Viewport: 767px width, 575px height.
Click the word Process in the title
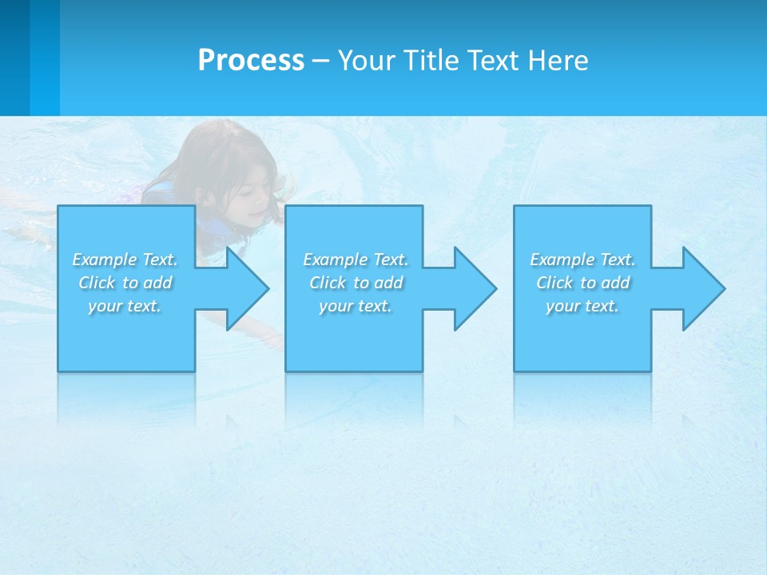click(x=251, y=61)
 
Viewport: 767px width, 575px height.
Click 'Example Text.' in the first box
click(x=125, y=260)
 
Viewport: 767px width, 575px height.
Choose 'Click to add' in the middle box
click(x=356, y=283)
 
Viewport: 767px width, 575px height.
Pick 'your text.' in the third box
click(x=582, y=306)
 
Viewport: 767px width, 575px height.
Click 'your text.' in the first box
click(x=125, y=306)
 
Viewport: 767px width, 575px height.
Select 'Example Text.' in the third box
click(x=582, y=260)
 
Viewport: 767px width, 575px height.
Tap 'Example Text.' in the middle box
click(x=356, y=260)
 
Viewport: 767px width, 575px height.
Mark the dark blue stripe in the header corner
click(x=14, y=57)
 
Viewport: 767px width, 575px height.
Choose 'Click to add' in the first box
click(x=125, y=283)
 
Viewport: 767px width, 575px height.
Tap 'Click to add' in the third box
click(x=582, y=283)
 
